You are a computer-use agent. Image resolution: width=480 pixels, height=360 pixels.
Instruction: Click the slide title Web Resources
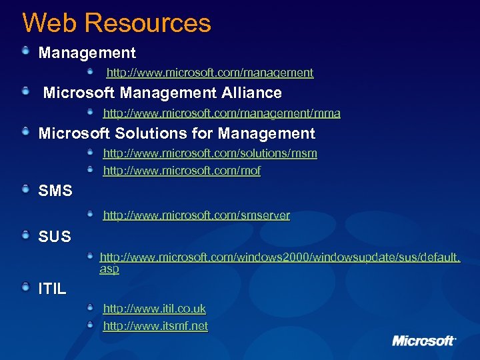coord(117,23)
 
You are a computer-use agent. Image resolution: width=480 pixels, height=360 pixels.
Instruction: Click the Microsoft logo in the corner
coord(424,341)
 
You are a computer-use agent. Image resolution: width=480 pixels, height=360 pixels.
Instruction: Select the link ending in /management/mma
coord(221,113)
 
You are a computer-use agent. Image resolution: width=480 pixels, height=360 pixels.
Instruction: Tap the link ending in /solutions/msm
coord(210,153)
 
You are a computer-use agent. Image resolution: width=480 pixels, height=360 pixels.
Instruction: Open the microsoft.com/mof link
coord(181,171)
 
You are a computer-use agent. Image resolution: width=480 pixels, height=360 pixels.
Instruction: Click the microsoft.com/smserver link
coord(196,215)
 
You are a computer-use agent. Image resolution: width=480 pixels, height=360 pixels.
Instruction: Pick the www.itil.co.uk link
coord(154,309)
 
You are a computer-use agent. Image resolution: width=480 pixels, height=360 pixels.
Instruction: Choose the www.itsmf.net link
coord(155,326)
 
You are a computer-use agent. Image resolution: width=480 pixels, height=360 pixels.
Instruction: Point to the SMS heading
coord(55,191)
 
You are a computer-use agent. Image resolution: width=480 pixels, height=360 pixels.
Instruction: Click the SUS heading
coord(55,236)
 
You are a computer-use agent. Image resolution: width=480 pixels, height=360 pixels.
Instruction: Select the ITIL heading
coord(53,289)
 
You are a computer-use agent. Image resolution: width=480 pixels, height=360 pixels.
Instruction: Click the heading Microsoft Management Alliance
coord(162,93)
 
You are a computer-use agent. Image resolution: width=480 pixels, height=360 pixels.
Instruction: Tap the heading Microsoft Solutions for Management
coord(177,133)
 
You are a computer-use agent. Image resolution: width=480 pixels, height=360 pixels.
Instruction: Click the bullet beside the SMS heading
coord(25,191)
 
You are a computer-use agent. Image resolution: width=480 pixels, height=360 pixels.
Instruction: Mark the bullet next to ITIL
coord(25,287)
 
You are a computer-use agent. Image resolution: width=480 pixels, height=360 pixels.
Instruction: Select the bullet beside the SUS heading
coord(25,235)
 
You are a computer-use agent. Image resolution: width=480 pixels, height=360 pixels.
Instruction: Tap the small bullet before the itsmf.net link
coord(90,325)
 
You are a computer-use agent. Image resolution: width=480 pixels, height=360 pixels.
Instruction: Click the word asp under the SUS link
coord(109,269)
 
